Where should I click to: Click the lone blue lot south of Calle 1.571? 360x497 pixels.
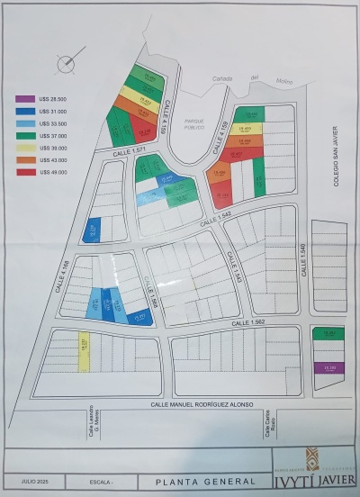click(92, 231)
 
